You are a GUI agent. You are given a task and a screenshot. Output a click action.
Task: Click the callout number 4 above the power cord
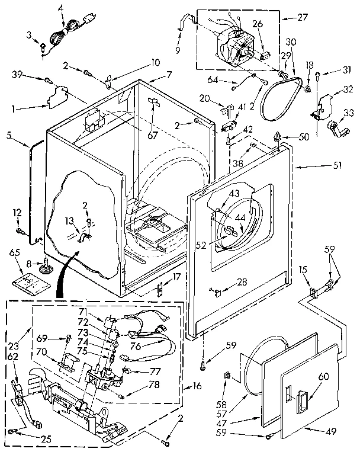[61, 8]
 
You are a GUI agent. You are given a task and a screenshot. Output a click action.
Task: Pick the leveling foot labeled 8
[44, 269]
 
